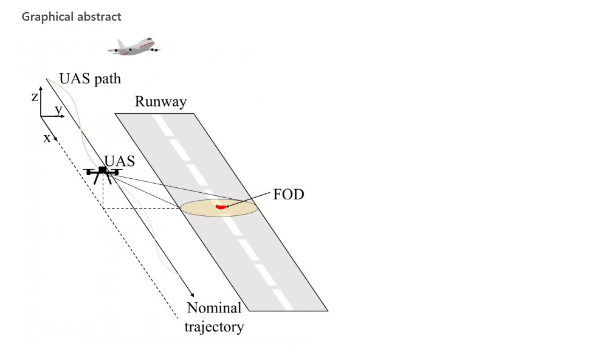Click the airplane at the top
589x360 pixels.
134,47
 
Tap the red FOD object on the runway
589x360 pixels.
221,207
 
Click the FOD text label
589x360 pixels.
289,194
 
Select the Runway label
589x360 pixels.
160,102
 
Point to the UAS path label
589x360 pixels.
90,78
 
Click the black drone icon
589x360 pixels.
102,175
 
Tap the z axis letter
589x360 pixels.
35,97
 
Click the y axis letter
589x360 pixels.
58,109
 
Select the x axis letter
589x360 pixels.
47,138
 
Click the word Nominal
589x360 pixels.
214,308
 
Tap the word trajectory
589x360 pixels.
214,326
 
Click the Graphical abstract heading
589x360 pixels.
71,16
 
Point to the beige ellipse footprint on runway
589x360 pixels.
219,208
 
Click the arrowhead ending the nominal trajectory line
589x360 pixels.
192,294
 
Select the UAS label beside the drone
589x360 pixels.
120,161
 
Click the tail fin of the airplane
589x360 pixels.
121,44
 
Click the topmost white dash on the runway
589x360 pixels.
162,125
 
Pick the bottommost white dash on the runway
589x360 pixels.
283,300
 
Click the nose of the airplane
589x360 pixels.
151,40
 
